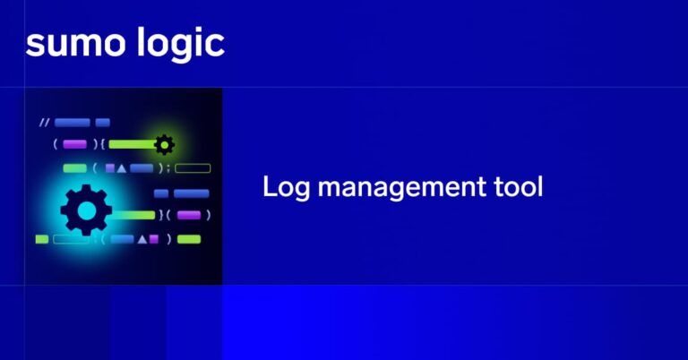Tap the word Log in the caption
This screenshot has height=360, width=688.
(x=282, y=188)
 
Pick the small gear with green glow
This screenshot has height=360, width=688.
(x=164, y=143)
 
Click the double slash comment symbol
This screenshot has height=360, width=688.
(x=44, y=123)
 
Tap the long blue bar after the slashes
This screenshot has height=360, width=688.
(x=72, y=123)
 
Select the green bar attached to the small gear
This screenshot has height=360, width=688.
(x=132, y=143)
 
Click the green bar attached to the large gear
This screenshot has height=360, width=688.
(x=133, y=215)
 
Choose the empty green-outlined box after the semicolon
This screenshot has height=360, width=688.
(x=193, y=167)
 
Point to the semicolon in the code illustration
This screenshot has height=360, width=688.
(x=164, y=168)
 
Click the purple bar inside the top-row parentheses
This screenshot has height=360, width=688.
(x=74, y=143)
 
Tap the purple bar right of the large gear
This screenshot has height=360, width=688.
(x=188, y=215)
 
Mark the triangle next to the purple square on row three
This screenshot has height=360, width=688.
(x=123, y=167)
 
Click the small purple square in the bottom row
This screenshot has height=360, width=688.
(x=153, y=239)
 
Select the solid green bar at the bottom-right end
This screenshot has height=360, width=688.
(x=189, y=239)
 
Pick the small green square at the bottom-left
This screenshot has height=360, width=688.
(x=41, y=239)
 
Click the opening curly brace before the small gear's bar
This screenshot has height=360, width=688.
(x=103, y=143)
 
